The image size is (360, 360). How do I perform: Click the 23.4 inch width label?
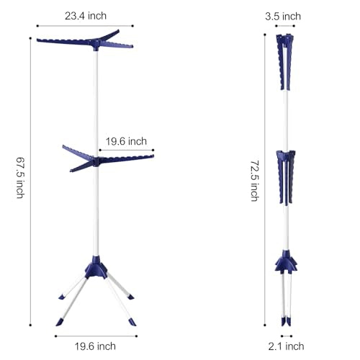86,16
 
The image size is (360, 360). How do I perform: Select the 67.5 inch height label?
20,178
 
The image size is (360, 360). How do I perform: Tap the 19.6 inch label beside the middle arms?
126,141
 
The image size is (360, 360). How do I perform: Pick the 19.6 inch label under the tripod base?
95,346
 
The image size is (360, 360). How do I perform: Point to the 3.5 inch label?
283,17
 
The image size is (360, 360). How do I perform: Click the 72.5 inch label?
255,181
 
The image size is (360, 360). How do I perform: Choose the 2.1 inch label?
286,346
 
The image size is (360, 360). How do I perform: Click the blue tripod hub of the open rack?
96,268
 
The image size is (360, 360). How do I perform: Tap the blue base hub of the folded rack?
286,261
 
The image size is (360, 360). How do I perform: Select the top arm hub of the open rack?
96,45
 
